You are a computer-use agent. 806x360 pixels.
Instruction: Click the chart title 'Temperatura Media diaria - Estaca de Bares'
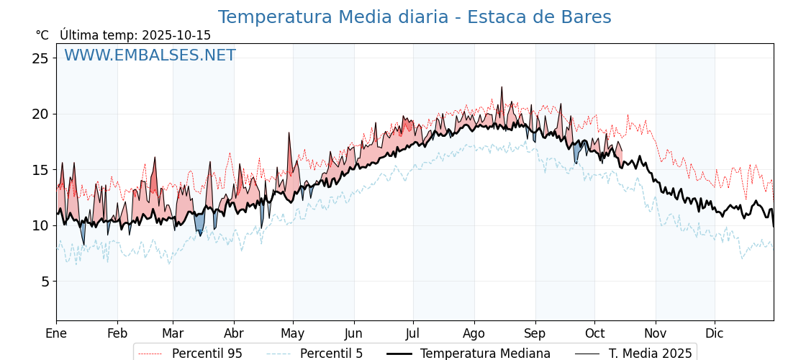tap(415, 17)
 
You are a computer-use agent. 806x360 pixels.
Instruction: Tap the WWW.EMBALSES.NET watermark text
tap(150, 55)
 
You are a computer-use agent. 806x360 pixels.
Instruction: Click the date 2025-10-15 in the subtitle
tap(176, 35)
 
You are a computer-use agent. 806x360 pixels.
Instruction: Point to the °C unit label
tap(42, 35)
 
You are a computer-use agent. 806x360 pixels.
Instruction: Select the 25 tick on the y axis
tap(40, 58)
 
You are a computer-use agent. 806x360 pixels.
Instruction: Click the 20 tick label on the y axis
tap(40, 114)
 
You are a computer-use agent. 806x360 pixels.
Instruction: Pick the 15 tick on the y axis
tap(40, 170)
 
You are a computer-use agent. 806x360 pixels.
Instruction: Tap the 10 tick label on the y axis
tap(40, 225)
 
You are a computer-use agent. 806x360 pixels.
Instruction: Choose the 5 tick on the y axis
tap(45, 282)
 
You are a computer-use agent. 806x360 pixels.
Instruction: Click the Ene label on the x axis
tap(56, 334)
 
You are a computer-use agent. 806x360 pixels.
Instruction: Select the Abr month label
tap(234, 334)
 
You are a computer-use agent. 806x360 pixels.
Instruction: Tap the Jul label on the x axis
tap(413, 334)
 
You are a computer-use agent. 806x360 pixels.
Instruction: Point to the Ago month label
tap(474, 334)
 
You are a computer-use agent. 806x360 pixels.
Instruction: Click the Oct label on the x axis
tap(594, 334)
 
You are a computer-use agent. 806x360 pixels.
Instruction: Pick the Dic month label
tap(715, 334)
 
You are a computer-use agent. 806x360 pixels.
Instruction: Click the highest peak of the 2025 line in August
tap(502, 87)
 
